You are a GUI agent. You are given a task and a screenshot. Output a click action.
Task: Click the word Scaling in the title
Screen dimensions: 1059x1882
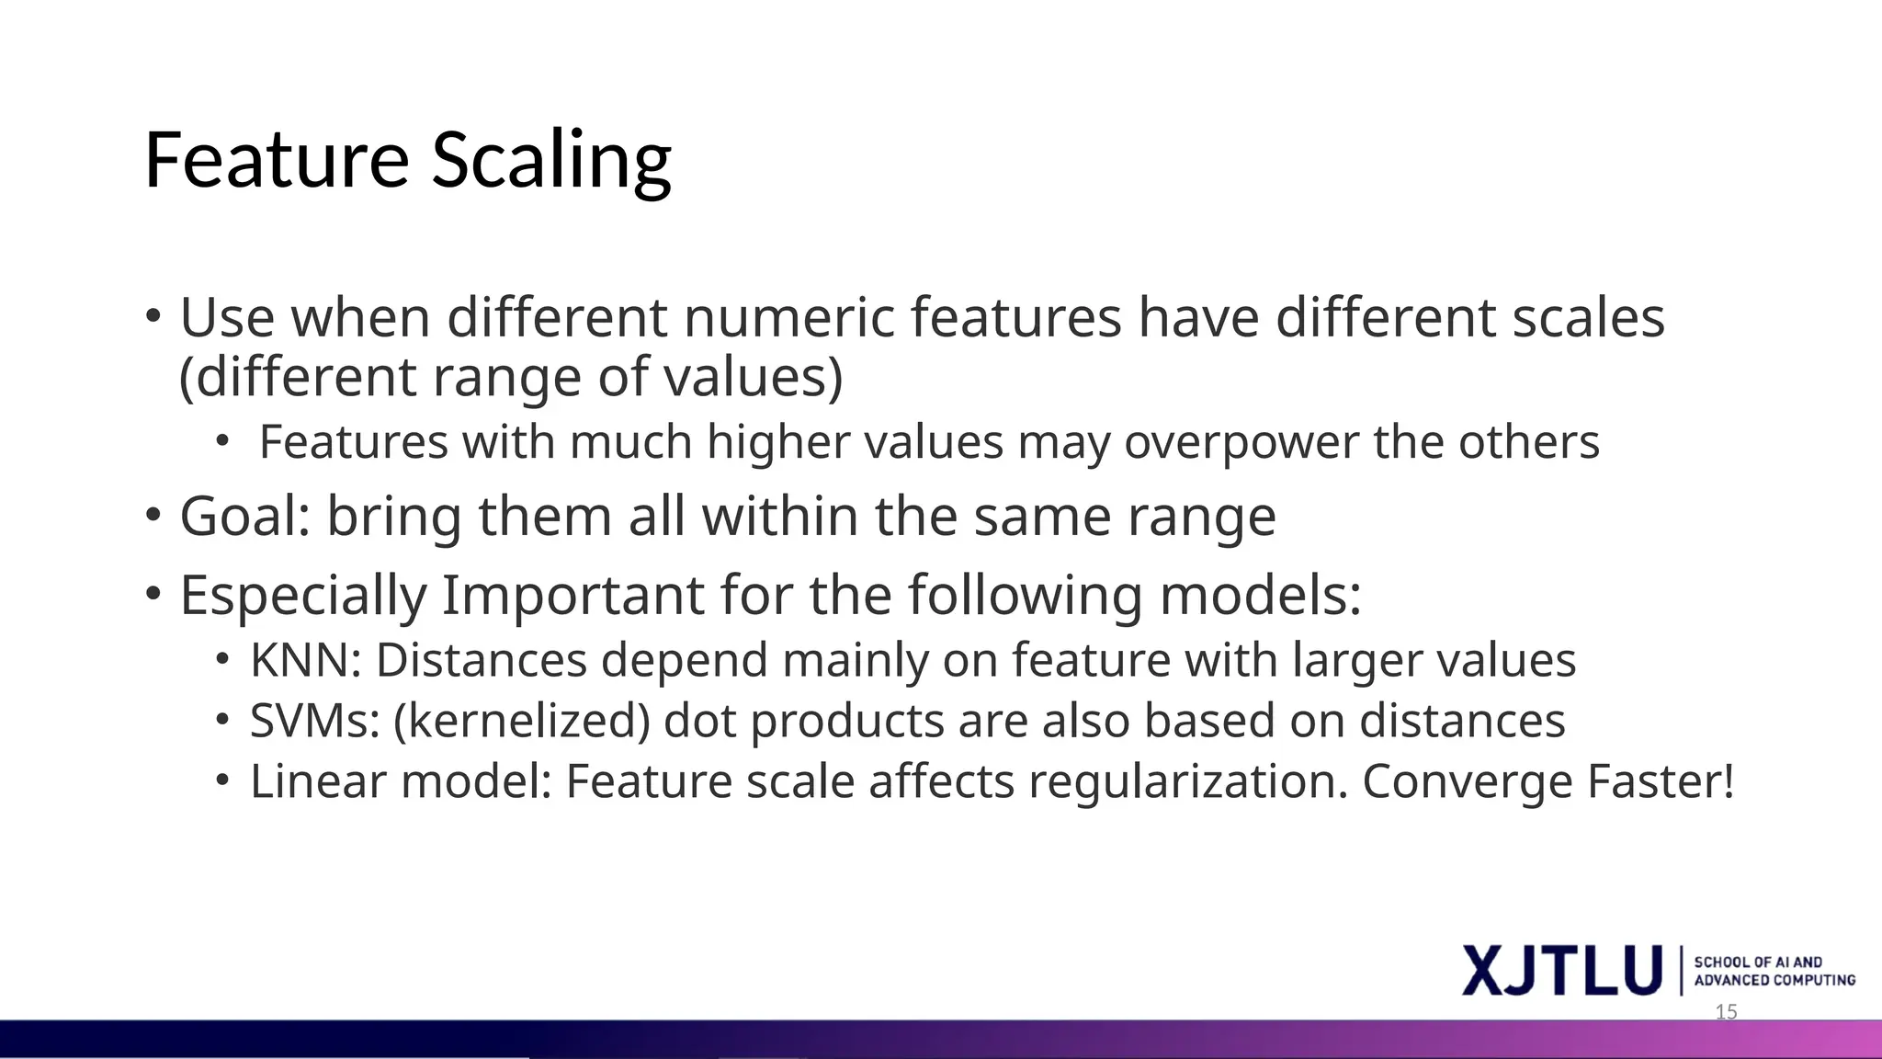point(551,161)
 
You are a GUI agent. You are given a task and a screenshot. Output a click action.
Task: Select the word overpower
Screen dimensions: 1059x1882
point(1241,442)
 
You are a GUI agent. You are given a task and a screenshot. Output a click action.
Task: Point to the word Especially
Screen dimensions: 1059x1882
point(303,595)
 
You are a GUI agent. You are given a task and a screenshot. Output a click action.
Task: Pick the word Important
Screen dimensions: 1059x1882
point(573,595)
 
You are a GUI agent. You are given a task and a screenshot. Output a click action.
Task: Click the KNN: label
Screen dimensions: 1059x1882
point(305,660)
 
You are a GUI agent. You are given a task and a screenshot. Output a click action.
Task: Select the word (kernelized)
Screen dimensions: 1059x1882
point(521,721)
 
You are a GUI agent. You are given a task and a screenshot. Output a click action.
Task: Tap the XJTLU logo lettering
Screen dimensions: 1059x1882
point(1562,970)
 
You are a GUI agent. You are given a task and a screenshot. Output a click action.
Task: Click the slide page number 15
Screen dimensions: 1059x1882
point(1727,1012)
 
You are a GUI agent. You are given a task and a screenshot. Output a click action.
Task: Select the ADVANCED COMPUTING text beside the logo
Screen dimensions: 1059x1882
point(1774,981)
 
